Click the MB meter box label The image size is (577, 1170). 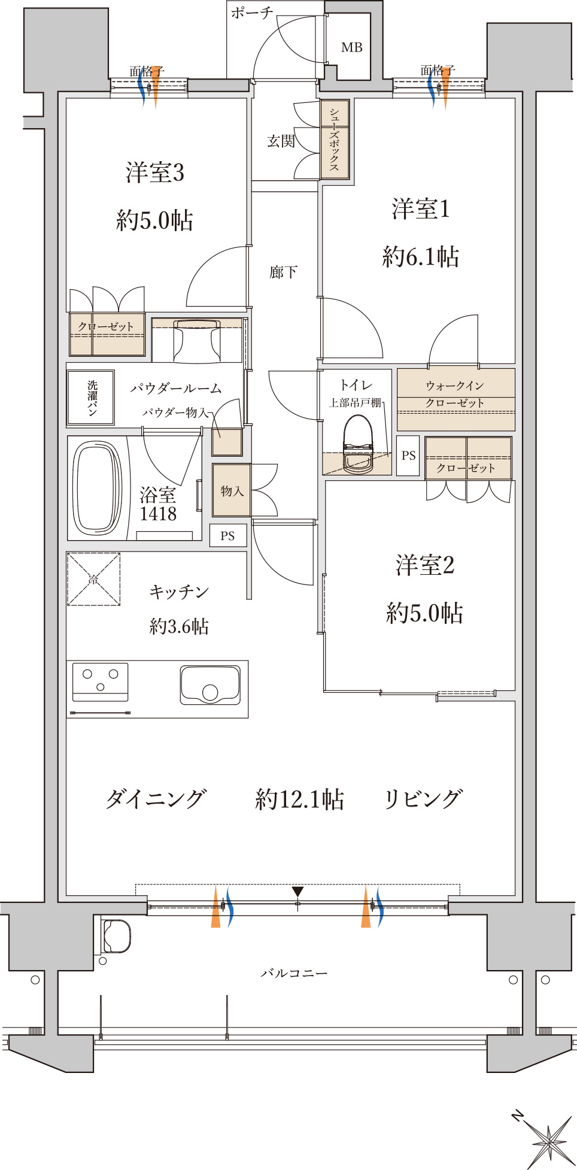(x=352, y=47)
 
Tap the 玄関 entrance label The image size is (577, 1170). (x=281, y=141)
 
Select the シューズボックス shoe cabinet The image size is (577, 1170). (x=335, y=140)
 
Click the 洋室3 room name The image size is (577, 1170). (x=155, y=173)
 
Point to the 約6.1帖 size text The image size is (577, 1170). (x=421, y=257)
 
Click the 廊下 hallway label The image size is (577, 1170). (x=283, y=272)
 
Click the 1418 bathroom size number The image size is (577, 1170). (x=158, y=514)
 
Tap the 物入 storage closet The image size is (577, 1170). (x=231, y=490)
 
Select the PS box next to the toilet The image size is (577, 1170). (x=408, y=456)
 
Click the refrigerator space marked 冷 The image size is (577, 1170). (x=93, y=579)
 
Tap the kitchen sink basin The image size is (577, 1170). (x=210, y=686)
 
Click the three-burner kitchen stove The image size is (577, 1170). (x=101, y=681)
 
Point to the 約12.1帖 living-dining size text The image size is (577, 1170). (x=299, y=799)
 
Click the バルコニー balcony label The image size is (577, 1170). (x=294, y=973)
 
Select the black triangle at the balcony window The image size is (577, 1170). (x=297, y=891)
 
